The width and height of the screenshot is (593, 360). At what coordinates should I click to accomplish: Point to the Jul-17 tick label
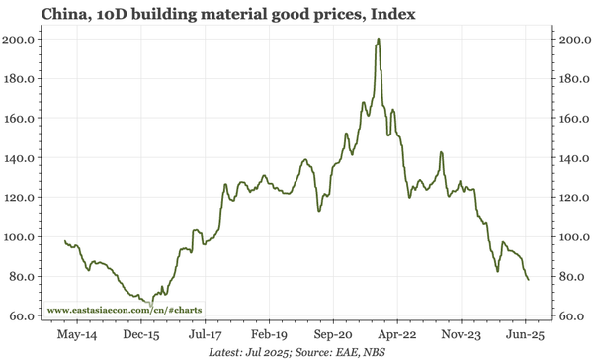pyautogui.click(x=204, y=335)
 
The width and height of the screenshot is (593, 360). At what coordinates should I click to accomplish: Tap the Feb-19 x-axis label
pyautogui.click(x=268, y=335)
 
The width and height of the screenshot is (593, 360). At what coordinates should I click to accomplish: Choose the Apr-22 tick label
pyautogui.click(x=396, y=335)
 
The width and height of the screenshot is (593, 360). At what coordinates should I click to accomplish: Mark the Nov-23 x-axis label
pyautogui.click(x=461, y=335)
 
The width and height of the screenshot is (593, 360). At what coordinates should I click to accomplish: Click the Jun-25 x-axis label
pyautogui.click(x=525, y=335)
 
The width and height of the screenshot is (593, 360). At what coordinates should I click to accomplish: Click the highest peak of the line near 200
pyautogui.click(x=380, y=40)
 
